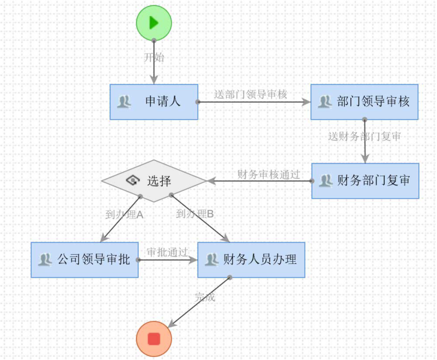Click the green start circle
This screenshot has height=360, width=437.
coord(154,22)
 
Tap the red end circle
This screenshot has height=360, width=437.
coord(154,339)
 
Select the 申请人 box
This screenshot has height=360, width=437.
coord(154,102)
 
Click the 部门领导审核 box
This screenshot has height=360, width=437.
coord(365,102)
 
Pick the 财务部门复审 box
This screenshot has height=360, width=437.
coord(365,181)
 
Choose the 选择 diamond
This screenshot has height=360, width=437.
coord(154,181)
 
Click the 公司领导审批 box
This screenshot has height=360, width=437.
coord(84,260)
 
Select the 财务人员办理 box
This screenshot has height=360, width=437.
coord(251,260)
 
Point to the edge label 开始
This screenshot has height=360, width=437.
coord(154,57)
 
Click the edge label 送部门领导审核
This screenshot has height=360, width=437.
coord(251,94)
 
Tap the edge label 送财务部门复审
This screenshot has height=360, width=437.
coord(364,137)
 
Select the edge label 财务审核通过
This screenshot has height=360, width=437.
coord(269,175)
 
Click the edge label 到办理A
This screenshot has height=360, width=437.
coord(124,215)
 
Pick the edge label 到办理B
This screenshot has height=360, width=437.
coord(195,214)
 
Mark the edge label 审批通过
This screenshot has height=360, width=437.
coord(167,252)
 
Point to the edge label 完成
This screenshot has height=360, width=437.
coord(205,297)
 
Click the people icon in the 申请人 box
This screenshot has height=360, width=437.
coord(124,102)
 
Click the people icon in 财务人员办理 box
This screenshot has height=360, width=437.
coord(212,260)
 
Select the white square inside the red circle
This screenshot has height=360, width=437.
coord(154,339)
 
